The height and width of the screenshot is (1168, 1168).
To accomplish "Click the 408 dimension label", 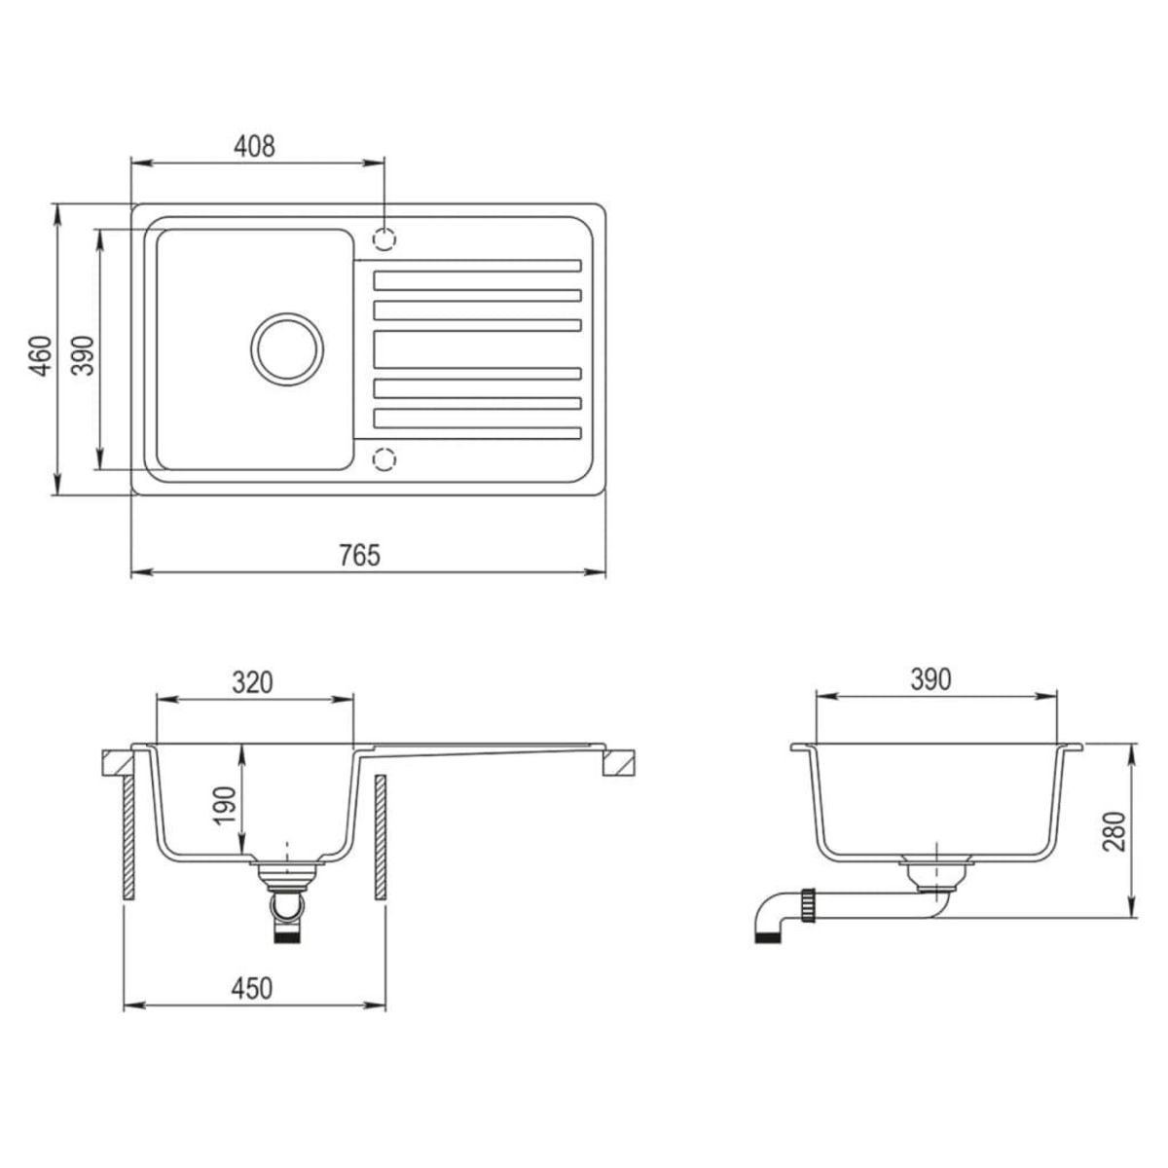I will tap(255, 146).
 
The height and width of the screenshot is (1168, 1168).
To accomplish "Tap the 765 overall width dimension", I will tap(359, 556).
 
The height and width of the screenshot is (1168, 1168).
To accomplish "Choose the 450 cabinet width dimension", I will tap(251, 989).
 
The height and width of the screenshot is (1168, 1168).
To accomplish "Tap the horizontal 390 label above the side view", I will tap(930, 679).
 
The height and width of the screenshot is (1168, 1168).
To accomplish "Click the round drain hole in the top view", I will tap(285, 347).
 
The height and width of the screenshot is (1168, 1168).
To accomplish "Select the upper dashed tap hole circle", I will tap(385, 237).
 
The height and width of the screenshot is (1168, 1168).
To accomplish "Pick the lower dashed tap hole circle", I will tap(385, 457).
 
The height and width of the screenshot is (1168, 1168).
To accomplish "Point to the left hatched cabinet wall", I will tap(127, 837).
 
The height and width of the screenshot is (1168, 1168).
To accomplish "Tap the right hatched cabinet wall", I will tap(381, 837).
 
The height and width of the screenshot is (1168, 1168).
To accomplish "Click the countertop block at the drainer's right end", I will tap(618, 763).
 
